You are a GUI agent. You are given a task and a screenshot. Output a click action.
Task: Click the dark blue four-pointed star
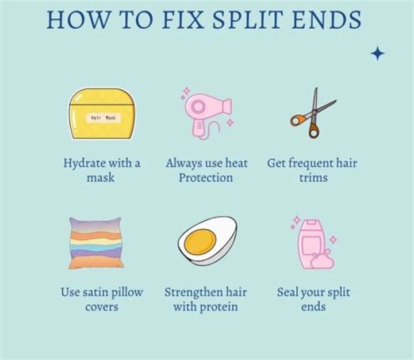[x=378, y=53]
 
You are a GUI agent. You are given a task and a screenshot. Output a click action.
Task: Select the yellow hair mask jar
[x=102, y=113]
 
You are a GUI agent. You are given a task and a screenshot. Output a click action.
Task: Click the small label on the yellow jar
[x=103, y=118]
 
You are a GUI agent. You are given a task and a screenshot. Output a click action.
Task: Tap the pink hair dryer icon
[x=206, y=113]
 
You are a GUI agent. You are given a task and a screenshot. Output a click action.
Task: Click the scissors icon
[x=313, y=114]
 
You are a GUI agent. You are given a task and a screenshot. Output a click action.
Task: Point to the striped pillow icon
[x=96, y=243]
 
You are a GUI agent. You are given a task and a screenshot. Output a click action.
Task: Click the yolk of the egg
[x=200, y=241]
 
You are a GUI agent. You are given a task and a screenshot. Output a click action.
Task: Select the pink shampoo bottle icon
[x=314, y=244]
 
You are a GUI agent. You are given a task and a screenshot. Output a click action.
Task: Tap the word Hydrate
[x=84, y=164]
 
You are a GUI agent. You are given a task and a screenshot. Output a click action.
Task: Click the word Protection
[x=206, y=178]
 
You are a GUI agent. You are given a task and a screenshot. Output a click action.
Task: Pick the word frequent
[x=310, y=164]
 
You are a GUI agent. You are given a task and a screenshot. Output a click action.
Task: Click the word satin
[x=94, y=292]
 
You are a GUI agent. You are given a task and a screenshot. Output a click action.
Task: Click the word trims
[x=313, y=178]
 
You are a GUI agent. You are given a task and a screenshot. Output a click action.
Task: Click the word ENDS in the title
[x=327, y=20]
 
